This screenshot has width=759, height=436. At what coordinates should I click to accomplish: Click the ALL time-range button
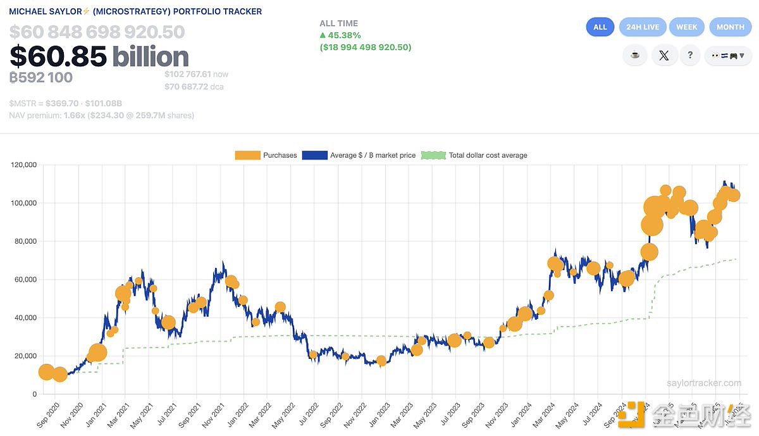click(x=600, y=27)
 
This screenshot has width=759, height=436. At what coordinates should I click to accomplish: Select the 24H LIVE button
click(x=643, y=27)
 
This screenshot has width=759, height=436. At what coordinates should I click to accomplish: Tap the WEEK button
click(x=686, y=27)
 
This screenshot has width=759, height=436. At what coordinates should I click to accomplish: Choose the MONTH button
click(x=730, y=27)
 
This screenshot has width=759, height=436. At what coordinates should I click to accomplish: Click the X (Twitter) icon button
click(x=663, y=55)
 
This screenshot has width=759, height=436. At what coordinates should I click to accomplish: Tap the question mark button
click(x=690, y=55)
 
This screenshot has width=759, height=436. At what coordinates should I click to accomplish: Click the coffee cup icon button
click(x=635, y=55)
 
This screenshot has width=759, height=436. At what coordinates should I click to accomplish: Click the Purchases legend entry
click(x=266, y=155)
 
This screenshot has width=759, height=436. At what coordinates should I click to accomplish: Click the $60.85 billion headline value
click(x=99, y=57)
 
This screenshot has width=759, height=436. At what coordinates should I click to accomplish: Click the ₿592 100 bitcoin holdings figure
click(x=41, y=77)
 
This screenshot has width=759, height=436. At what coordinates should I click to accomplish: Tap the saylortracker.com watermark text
click(x=703, y=383)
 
